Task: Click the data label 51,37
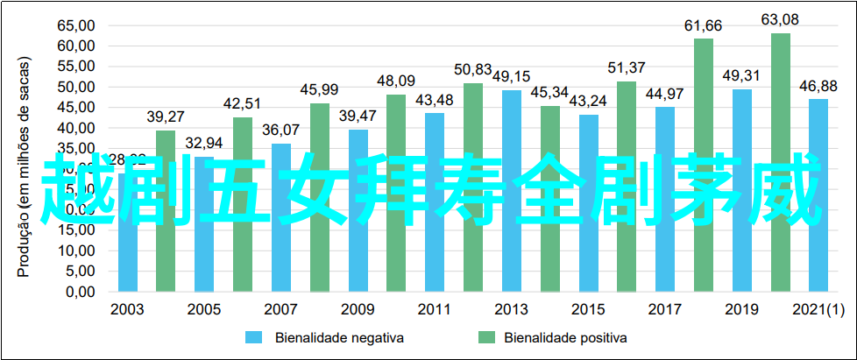(x=627, y=67)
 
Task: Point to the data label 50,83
(x=473, y=69)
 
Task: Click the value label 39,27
(x=166, y=116)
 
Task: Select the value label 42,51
(x=243, y=103)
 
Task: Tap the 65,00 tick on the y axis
(x=75, y=25)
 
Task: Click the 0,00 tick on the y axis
(x=79, y=292)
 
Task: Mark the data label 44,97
(x=665, y=94)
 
